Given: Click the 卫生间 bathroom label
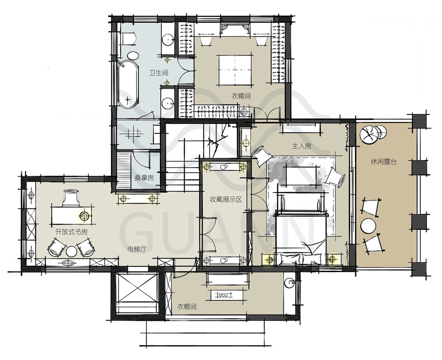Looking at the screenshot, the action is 158,73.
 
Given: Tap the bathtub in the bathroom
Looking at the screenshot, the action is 128,84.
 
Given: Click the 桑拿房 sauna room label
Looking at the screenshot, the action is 144,178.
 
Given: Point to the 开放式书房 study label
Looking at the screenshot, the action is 71,232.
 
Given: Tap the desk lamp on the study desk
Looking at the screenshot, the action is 84,216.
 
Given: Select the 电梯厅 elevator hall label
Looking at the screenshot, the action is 137,249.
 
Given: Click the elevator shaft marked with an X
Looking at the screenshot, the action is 137,293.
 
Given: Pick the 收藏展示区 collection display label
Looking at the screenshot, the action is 226,200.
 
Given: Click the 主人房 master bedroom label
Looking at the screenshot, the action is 301,146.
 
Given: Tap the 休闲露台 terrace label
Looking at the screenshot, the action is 384,162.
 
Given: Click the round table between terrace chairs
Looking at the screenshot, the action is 369,226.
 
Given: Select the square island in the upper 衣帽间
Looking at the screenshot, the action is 235,70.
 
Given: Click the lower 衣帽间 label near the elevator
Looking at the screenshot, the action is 187,307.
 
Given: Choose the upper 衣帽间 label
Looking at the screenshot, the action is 241,96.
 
